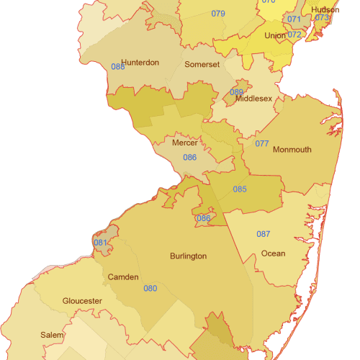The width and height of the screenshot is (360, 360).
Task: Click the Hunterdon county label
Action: click(140, 63)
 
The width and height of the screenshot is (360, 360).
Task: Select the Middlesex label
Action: click(254, 99)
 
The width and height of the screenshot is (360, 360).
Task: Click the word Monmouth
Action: click(292, 150)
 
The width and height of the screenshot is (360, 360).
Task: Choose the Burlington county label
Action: click(189, 256)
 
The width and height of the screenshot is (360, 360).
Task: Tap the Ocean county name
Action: click(273, 253)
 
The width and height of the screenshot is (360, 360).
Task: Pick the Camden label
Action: click(123, 277)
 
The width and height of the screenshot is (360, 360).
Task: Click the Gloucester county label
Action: click(82, 301)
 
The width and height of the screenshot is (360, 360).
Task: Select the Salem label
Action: click(52, 336)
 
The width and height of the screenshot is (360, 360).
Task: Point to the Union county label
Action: click(274, 35)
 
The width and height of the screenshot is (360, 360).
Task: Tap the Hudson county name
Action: click(325, 10)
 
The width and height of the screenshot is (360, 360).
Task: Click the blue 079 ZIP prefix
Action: click(218, 14)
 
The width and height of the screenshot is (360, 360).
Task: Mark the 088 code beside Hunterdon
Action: click(118, 67)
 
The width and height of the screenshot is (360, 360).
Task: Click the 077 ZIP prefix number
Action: click(262, 144)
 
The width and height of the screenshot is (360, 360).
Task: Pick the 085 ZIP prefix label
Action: click(240, 189)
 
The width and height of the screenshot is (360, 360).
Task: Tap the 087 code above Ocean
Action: click(264, 234)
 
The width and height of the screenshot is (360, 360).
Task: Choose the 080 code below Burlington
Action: click(150, 289)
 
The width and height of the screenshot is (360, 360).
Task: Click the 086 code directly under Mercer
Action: click(189, 157)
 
